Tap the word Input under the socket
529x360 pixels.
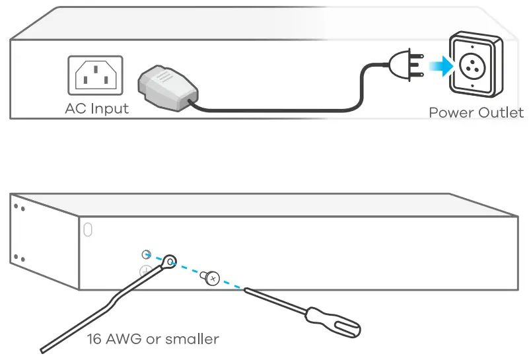pos(109,109)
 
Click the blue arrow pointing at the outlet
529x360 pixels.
pos(435,66)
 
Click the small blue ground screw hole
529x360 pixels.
pos(147,254)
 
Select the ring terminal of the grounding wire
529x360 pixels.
pos(169,262)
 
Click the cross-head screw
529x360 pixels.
pos(211,279)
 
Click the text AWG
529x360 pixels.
pos(125,340)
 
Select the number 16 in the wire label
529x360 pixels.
pos(95,340)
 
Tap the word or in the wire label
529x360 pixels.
pos(154,340)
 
